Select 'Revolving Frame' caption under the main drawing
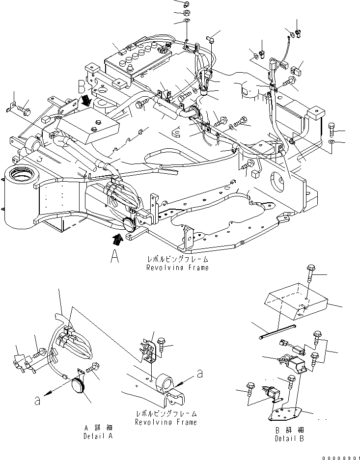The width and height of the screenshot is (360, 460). click(x=177, y=268)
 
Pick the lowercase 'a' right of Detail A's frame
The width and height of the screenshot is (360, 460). click(x=200, y=374)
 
